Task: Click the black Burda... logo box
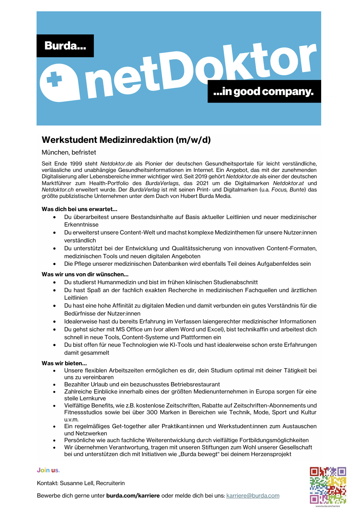click(x=65, y=46)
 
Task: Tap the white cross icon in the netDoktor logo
click(x=54, y=80)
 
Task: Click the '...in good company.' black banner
click(x=264, y=92)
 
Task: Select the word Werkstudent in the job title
click(x=69, y=140)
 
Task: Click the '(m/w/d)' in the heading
click(x=193, y=140)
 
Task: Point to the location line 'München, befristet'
click(x=69, y=152)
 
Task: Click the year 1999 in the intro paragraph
click(x=76, y=164)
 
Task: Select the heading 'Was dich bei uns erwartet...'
click(x=79, y=209)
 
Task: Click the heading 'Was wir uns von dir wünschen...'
click(x=85, y=274)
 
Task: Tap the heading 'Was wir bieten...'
click(x=64, y=363)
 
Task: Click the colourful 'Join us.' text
click(x=48, y=470)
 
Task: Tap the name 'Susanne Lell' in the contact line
click(x=76, y=483)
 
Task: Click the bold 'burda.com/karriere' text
click(x=133, y=496)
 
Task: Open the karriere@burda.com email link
click(x=253, y=496)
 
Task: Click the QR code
click(x=328, y=485)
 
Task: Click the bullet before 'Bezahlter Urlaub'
click(x=55, y=385)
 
